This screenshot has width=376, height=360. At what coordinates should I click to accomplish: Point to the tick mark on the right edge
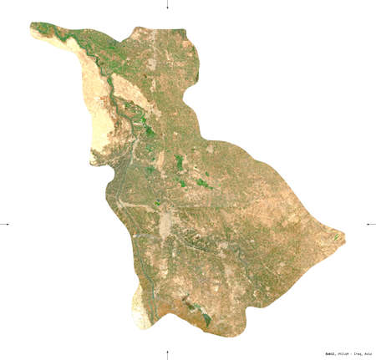(x=370, y=223)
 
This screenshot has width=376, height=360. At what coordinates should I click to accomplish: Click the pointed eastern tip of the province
(x=343, y=236)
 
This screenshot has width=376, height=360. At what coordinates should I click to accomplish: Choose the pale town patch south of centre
(x=166, y=222)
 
